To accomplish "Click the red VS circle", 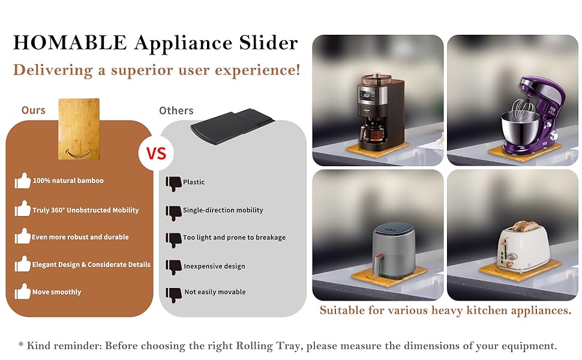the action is pos(156,154).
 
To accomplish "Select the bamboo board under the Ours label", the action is pos(79,130).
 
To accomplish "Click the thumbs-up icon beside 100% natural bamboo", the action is pos(23,181).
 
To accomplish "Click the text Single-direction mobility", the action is pos(223,210).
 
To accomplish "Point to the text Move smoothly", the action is pos(56,292).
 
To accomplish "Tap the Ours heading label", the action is pos(34,110).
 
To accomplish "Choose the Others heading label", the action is pos(176,111).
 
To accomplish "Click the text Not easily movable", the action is pos(215,292).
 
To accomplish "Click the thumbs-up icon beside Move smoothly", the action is pos(23,292).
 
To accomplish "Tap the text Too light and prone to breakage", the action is pos(234,238).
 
